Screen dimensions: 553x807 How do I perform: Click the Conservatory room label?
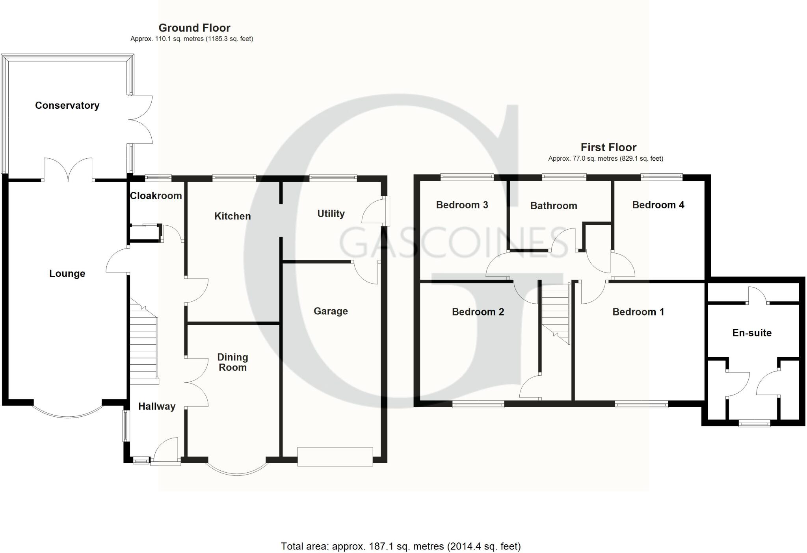pos(67,106)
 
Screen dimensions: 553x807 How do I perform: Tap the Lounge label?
pos(67,274)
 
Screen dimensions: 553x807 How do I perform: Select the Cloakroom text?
pos(156,196)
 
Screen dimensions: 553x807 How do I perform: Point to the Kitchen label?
pos(232,216)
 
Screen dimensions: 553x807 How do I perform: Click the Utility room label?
pos(331,214)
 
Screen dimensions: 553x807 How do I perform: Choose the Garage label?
pos(331,312)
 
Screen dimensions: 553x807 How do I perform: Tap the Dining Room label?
pos(232,362)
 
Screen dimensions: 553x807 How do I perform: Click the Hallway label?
pos(157,406)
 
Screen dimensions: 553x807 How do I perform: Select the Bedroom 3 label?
pos(462,205)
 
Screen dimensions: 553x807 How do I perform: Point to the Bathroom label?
pos(554,206)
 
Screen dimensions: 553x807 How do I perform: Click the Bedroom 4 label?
pos(658,205)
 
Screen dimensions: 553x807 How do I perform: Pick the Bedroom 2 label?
pos(478,312)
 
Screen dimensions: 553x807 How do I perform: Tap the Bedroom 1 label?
pos(638,312)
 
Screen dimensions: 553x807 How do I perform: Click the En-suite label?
pos(752,333)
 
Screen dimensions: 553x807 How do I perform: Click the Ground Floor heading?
pos(194,28)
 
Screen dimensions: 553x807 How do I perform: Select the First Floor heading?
pos(608,148)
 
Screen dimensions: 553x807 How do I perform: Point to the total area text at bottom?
pos(401,546)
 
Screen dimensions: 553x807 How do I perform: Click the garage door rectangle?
pos(335,457)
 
